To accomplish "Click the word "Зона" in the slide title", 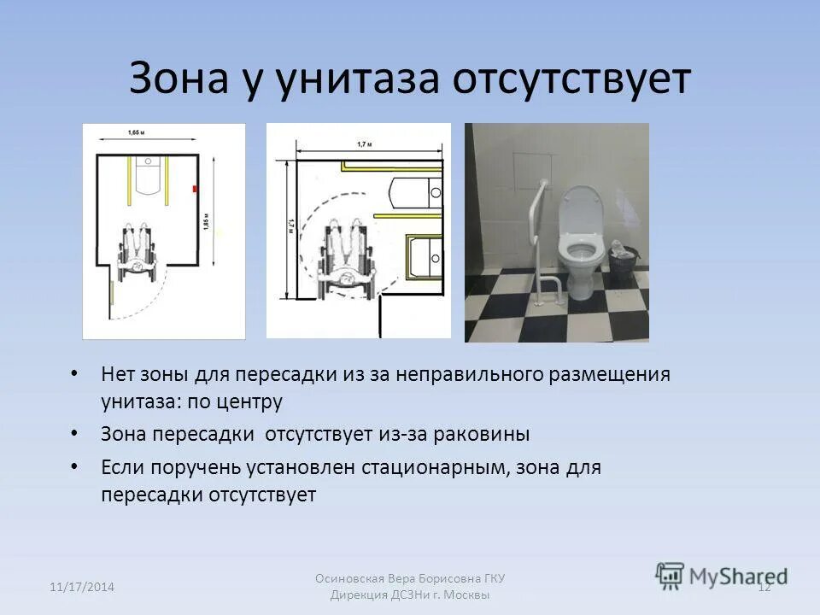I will (x=177, y=79).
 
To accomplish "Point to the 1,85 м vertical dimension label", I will (x=206, y=224).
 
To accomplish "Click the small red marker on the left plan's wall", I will (x=196, y=185).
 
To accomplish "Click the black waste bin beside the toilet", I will (x=623, y=264).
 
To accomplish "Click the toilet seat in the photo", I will (x=580, y=249).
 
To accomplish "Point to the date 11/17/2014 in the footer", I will (x=82, y=587).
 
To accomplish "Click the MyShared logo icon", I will (x=671, y=575).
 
